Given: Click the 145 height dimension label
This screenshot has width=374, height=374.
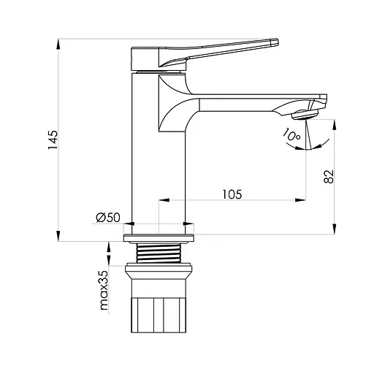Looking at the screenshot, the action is [x=53, y=140].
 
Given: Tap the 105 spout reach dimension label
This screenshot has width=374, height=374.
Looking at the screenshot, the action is [x=232, y=194].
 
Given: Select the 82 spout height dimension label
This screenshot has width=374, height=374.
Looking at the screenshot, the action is [x=329, y=177].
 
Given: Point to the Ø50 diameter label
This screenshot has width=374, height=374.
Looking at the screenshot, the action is [x=108, y=218].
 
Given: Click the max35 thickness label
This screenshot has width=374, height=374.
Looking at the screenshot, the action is [x=104, y=290].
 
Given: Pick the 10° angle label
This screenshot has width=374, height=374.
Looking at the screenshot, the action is [x=291, y=134].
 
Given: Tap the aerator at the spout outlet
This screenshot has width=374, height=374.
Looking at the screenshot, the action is [x=305, y=115].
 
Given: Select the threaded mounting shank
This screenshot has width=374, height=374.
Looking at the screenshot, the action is [x=159, y=253].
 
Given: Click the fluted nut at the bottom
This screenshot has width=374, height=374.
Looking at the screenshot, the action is [x=159, y=316].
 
